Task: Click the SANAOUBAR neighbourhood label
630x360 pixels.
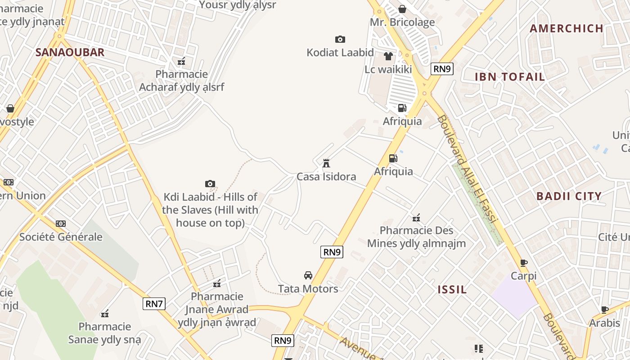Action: coord(70,52)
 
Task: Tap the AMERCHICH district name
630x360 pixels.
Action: coord(566,28)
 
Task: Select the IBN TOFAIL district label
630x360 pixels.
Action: coord(510,76)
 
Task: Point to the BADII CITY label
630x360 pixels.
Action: coord(569,196)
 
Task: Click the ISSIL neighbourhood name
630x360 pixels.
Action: coord(452,289)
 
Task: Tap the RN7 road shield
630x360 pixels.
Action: coord(154,304)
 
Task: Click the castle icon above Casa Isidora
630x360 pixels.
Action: coord(326,163)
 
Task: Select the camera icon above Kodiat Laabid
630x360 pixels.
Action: coord(340,40)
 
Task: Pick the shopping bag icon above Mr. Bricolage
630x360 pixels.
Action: coord(402,9)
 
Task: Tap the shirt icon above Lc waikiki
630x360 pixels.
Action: coord(388,56)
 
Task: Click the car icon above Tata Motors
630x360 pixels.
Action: coord(308,275)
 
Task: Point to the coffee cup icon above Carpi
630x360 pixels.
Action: coord(523,263)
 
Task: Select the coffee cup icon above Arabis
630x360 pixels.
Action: coord(605,310)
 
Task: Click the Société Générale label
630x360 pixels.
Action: coord(61,237)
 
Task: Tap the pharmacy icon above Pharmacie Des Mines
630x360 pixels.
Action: coord(416,218)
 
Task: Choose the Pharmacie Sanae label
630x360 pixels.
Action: coord(104,333)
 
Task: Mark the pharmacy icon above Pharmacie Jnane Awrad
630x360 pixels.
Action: coord(217,283)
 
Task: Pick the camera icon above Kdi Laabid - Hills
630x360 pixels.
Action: coord(210,184)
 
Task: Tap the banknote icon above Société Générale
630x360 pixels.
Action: coord(61,224)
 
